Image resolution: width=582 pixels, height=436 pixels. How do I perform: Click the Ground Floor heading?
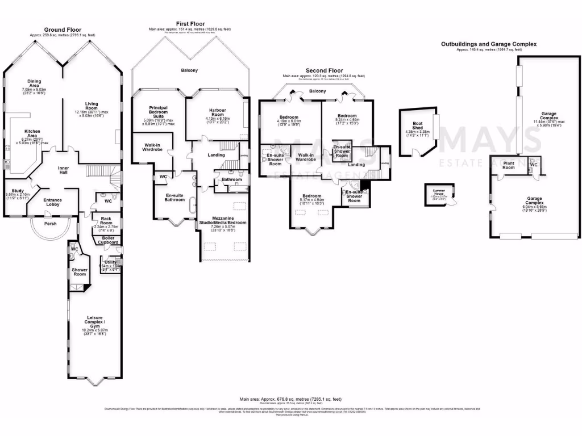[63, 30]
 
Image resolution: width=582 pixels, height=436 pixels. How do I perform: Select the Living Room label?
[92, 106]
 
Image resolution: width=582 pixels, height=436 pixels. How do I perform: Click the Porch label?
[51, 224]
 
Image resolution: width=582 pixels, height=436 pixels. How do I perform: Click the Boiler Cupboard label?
[107, 240]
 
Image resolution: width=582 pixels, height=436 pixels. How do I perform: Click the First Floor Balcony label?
[190, 70]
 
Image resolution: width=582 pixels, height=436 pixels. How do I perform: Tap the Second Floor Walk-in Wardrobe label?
[306, 157]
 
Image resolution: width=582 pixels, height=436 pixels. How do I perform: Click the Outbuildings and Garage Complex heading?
[489, 44]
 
